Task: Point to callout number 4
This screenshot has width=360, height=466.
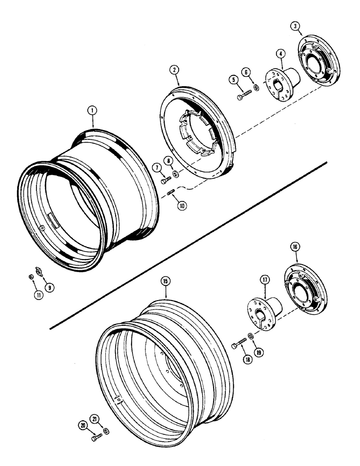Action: [x=280, y=54]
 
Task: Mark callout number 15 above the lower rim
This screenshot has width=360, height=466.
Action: [x=166, y=281]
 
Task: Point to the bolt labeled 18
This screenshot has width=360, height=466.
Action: [x=239, y=344]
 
